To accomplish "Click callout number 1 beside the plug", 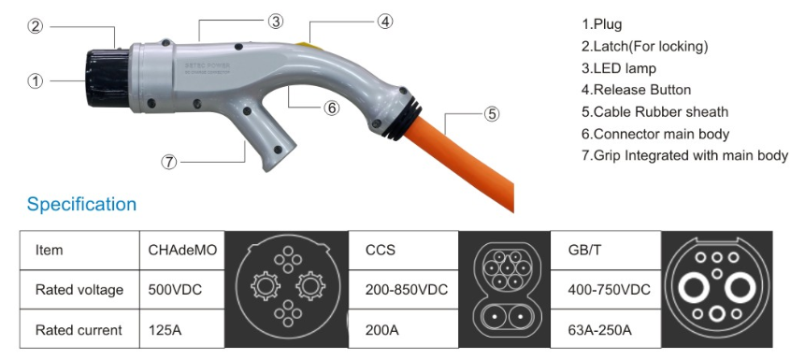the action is [x=35, y=80].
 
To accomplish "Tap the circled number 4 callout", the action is [x=385, y=22].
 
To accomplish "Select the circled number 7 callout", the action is [x=168, y=162].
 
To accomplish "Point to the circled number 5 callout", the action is [x=491, y=113].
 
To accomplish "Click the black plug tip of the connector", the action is [x=108, y=78].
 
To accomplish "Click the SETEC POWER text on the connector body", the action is [x=208, y=65].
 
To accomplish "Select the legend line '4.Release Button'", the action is [x=636, y=90].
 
